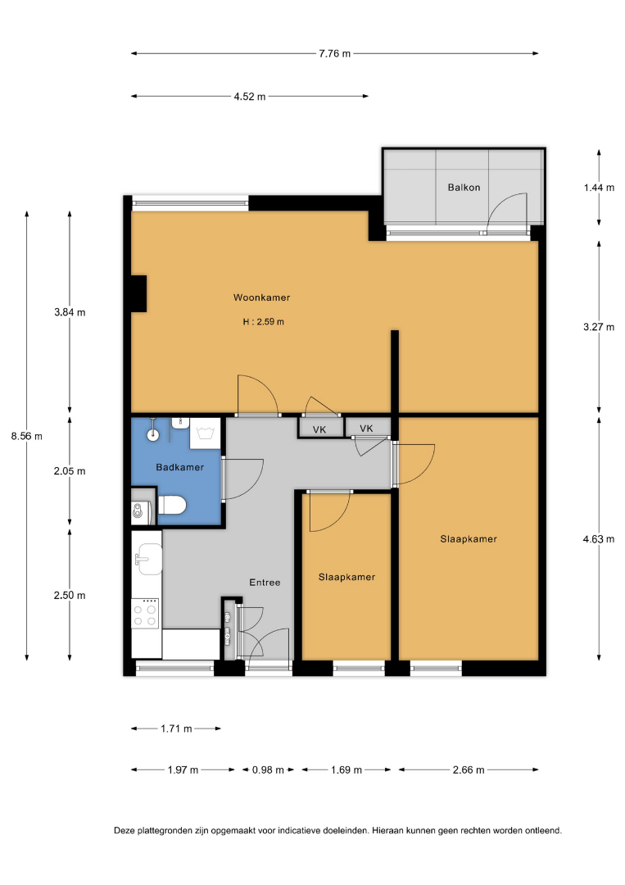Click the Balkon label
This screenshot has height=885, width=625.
click(x=464, y=188)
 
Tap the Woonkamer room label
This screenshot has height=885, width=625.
click(x=262, y=297)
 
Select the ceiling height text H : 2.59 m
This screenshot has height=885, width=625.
click(x=264, y=322)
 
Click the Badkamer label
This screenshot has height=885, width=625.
click(x=180, y=467)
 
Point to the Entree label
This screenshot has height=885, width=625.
click(x=265, y=583)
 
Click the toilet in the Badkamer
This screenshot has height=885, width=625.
click(x=171, y=505)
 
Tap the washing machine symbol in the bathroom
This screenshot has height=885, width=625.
click(x=205, y=433)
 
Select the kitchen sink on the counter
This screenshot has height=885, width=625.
click(x=147, y=559)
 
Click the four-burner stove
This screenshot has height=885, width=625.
click(x=145, y=614)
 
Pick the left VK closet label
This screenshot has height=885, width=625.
click(x=319, y=430)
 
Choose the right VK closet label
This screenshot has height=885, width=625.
click(x=366, y=429)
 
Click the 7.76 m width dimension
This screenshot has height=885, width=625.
click(x=334, y=53)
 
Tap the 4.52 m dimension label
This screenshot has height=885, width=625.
click(x=250, y=97)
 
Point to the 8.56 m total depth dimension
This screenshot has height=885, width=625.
click(x=26, y=436)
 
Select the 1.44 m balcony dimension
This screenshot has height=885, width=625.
click(x=599, y=188)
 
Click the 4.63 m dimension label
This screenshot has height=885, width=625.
click(x=599, y=539)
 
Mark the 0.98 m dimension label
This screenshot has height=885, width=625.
click(x=268, y=769)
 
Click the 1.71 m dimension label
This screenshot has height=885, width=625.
click(x=176, y=728)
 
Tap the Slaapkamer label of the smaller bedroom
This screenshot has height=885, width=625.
click(x=347, y=577)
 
